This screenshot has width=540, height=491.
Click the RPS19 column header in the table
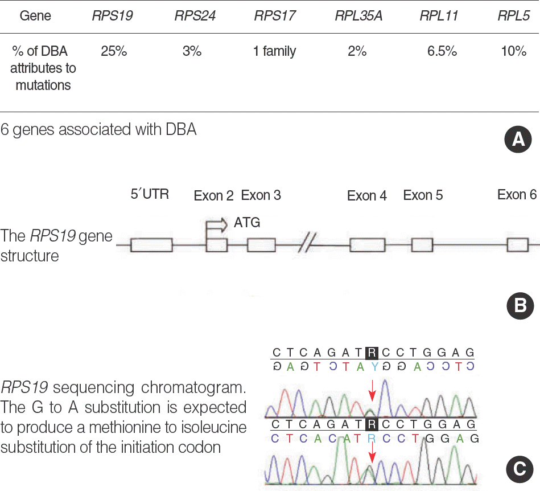click(x=112, y=16)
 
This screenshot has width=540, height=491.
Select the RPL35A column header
click(x=358, y=16)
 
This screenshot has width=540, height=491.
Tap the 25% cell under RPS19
click(x=114, y=51)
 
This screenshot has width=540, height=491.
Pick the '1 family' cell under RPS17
click(x=275, y=51)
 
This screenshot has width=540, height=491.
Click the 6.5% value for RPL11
click(x=442, y=51)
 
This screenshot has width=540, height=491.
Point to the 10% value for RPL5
click(x=514, y=51)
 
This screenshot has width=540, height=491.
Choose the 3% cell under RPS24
click(x=192, y=51)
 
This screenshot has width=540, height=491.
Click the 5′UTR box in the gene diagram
click(x=151, y=245)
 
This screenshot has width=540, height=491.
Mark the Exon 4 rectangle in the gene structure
click(x=367, y=245)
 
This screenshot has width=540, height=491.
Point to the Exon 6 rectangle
click(x=518, y=245)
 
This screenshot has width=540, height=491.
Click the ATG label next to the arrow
click(x=247, y=223)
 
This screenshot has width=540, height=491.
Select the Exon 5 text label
click(x=423, y=195)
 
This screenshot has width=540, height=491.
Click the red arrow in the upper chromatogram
click(x=372, y=391)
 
